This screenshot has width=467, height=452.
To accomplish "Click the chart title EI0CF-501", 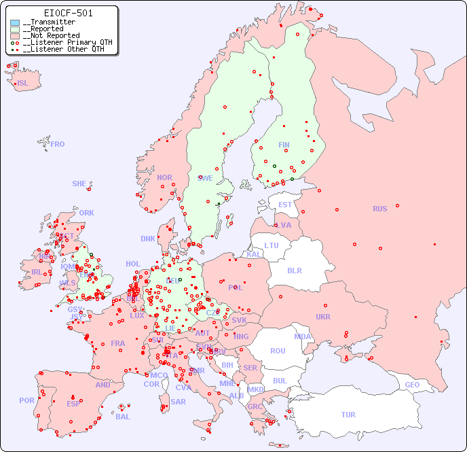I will tap(68, 13).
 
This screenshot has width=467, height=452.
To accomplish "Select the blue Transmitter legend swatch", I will tap(15, 22).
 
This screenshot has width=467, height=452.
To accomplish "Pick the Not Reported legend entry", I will tap(51, 35).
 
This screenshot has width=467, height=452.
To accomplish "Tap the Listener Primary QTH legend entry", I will tap(63, 42).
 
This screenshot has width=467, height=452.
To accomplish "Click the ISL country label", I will tap(23, 84).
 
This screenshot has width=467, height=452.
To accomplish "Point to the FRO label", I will tap(58, 144).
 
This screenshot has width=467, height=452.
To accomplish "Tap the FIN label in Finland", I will tap(284, 145).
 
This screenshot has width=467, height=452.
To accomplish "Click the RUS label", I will tap(379, 209).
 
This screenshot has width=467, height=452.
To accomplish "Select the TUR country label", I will tap(348, 415).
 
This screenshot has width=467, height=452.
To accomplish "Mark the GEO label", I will tap(412, 385).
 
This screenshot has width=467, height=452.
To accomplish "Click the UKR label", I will tap(323, 317).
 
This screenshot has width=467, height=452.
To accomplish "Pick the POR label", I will tap(26, 400).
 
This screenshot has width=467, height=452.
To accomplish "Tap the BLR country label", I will tap(295, 270).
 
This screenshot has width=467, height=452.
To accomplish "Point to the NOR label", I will tap(164, 177).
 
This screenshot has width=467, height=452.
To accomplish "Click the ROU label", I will tap(278, 351).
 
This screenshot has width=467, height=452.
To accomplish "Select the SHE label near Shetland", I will tap(79, 184).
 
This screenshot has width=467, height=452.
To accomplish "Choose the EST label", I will tap(285, 205).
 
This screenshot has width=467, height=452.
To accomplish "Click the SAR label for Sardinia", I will tap(179, 402).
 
